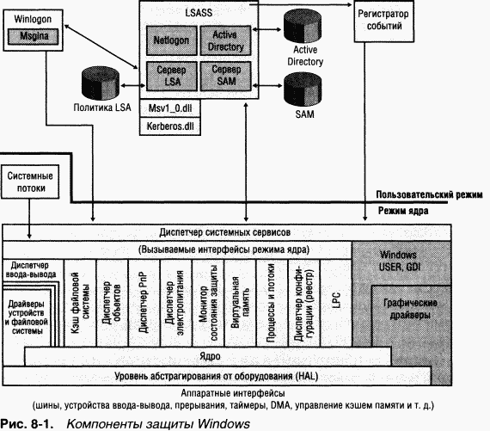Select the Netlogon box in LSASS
coord(169,40)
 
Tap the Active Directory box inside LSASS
coord(226,40)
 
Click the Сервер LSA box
coord(169,76)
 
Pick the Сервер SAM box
coord(226,76)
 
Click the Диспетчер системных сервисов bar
coord(228,232)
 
